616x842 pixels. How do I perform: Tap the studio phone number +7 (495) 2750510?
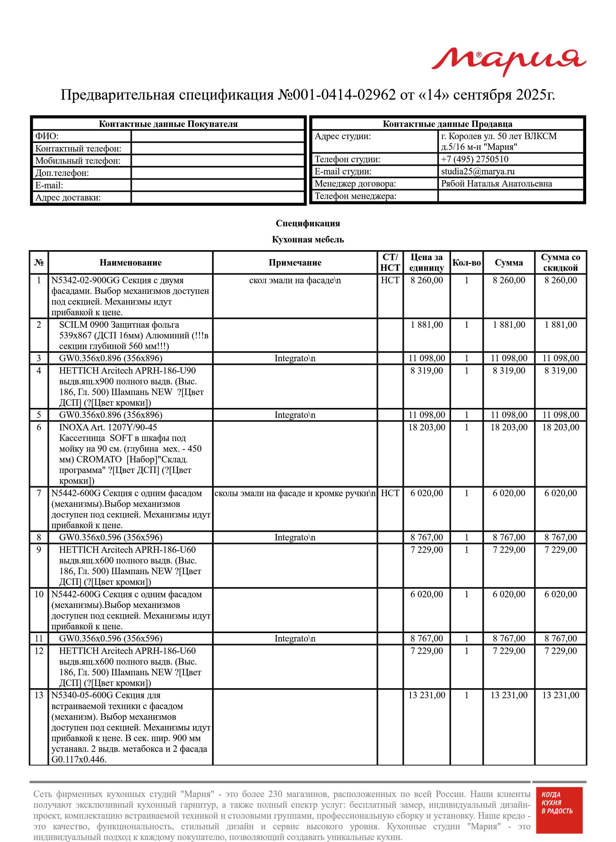474,159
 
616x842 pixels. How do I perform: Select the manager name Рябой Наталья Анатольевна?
496,183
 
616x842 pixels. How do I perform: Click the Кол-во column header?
466,263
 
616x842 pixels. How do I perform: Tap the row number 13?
39,695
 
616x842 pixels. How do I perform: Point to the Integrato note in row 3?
295,358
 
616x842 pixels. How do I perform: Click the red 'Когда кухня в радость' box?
559,815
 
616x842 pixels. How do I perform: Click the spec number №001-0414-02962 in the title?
337,95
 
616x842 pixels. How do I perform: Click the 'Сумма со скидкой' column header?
560,263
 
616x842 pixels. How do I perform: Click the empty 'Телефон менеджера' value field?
510,196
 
